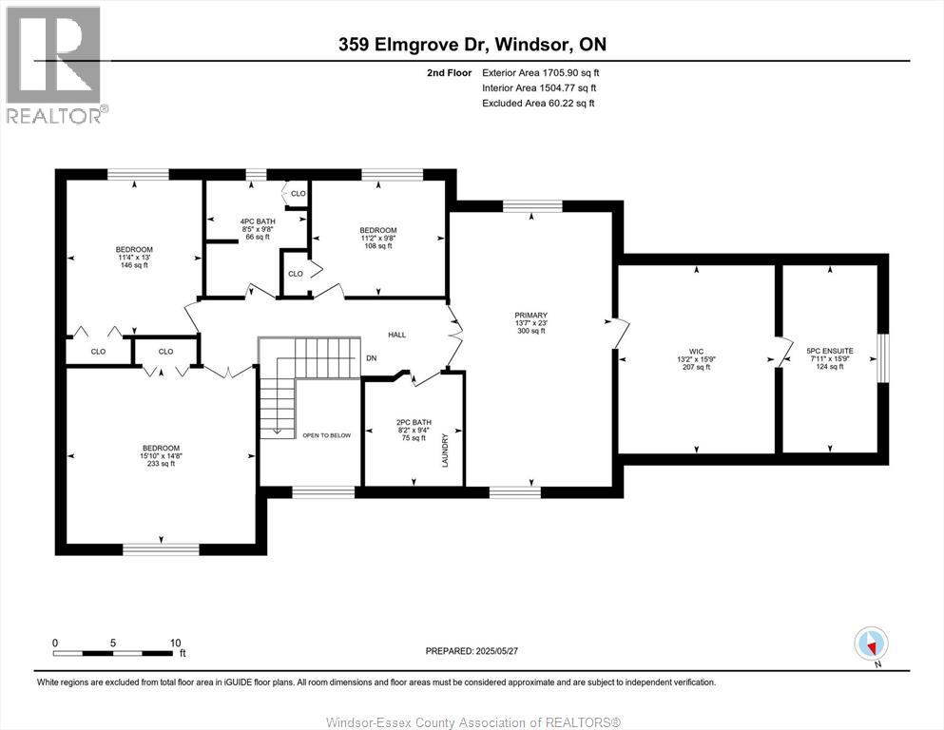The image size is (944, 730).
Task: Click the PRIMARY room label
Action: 530,316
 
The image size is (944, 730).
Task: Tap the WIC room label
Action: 698,352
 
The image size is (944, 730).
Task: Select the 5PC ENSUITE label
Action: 829,351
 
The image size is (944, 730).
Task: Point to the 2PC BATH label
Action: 414,421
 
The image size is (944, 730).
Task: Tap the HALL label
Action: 396,335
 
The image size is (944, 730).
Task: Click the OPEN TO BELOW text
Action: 326,435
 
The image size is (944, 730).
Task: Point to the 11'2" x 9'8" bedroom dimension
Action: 377,238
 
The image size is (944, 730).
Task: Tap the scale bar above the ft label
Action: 115,653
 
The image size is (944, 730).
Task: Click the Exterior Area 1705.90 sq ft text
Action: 540,72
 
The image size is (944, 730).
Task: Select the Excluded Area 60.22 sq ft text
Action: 538,103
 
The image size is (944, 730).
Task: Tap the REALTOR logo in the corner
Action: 53,63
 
